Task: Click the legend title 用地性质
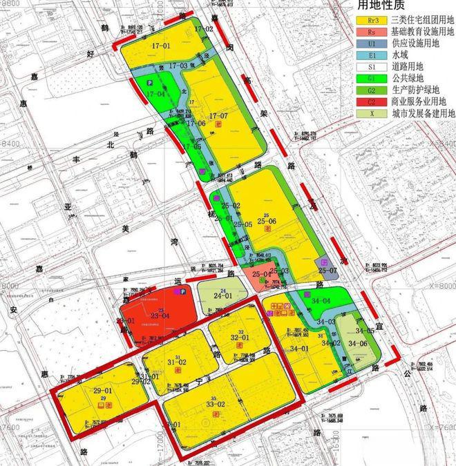pyautogui.click(x=383, y=6)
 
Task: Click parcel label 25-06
pyautogui.click(x=266, y=221)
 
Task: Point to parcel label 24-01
pyautogui.click(x=222, y=295)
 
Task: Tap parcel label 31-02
pyautogui.click(x=177, y=362)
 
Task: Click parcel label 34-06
pyautogui.click(x=359, y=343)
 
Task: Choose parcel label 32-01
pyautogui.click(x=239, y=338)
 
